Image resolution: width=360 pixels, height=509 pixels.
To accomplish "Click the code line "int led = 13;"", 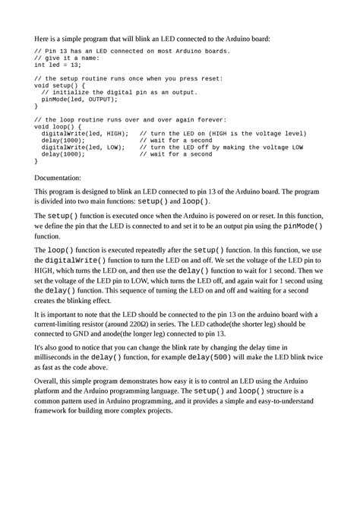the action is pos(58,65).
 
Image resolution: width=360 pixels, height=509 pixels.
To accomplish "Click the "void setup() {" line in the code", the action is pos(60,85).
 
